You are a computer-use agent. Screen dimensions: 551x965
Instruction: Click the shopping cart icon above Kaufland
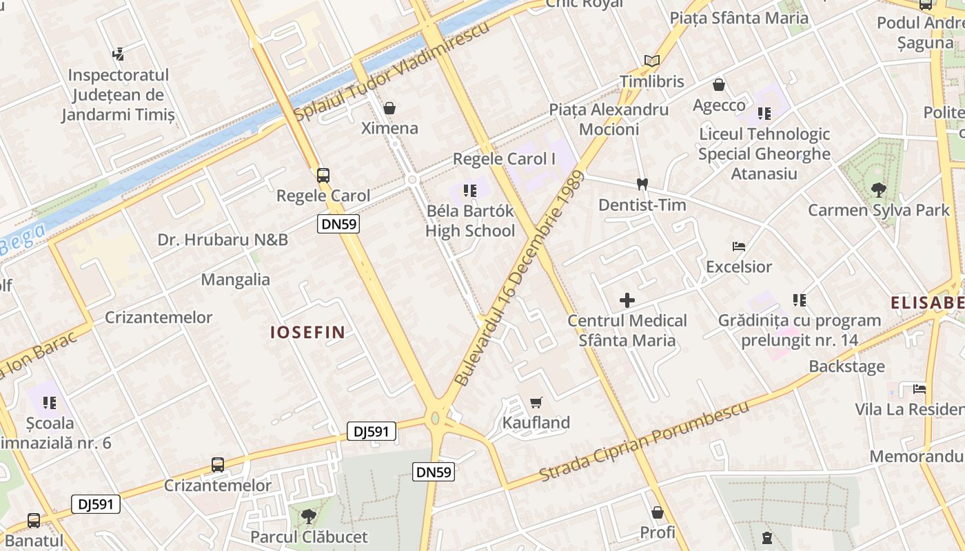tap(536, 402)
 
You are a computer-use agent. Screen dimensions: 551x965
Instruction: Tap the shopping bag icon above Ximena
tap(389, 108)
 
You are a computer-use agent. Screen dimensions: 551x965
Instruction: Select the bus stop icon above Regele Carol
tap(323, 176)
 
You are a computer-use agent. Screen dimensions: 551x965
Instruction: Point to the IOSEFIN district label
tap(307, 332)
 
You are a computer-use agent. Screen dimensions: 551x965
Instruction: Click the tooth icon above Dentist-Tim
tap(642, 185)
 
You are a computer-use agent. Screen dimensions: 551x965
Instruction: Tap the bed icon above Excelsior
tap(739, 246)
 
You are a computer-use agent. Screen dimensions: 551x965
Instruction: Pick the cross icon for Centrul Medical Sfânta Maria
tap(627, 300)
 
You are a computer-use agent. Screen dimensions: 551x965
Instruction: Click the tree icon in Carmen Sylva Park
tap(878, 189)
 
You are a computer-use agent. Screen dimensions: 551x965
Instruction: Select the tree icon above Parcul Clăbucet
tap(309, 516)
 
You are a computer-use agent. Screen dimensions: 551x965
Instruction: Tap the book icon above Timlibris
tap(651, 61)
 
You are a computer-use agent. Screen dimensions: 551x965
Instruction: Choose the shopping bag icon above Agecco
tap(719, 85)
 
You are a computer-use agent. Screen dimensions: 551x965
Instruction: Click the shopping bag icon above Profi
tap(658, 512)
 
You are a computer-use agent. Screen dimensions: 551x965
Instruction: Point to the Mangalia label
tap(236, 280)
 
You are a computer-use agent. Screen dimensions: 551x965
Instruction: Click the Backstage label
tap(846, 366)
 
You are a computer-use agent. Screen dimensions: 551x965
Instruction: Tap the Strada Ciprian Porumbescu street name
tap(644, 441)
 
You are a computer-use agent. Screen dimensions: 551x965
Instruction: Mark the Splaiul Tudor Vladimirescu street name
tap(392, 71)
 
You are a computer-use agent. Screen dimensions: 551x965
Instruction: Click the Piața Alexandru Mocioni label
tap(609, 119)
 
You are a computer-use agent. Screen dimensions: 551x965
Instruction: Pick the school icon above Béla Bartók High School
tap(470, 191)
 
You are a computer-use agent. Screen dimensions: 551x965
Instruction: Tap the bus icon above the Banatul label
tap(33, 520)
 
